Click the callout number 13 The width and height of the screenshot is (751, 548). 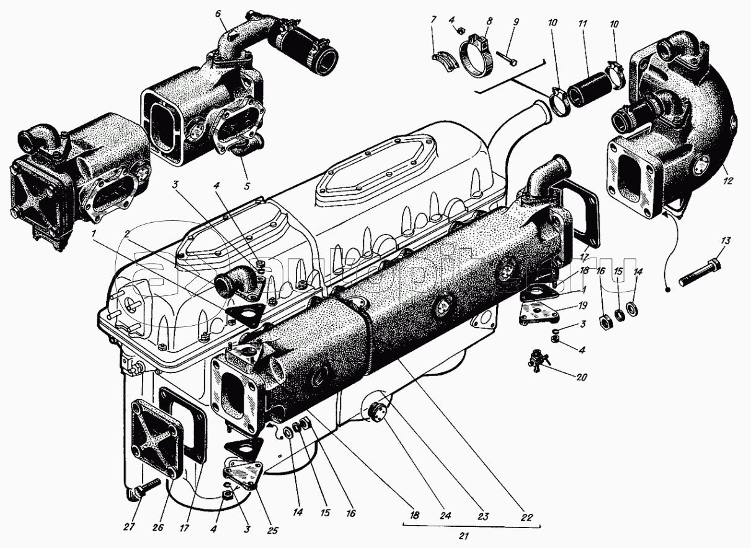pos(727,241)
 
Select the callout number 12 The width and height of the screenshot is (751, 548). pos(727,181)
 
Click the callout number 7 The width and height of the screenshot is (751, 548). pos(433,22)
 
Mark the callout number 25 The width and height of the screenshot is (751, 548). pos(272,531)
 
